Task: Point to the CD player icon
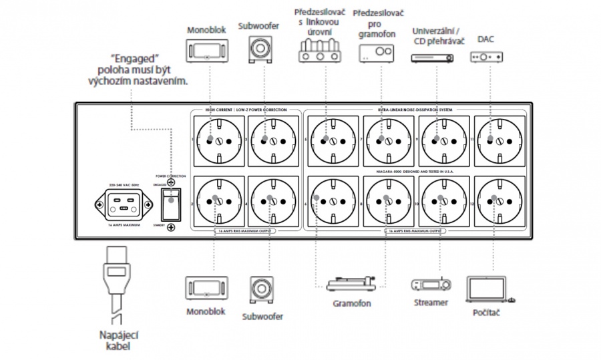[x=431, y=59]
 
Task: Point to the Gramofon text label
[x=352, y=303]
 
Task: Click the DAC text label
[x=486, y=39]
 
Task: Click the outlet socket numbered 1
[x=218, y=140]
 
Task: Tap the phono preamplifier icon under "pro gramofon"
[x=373, y=53]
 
